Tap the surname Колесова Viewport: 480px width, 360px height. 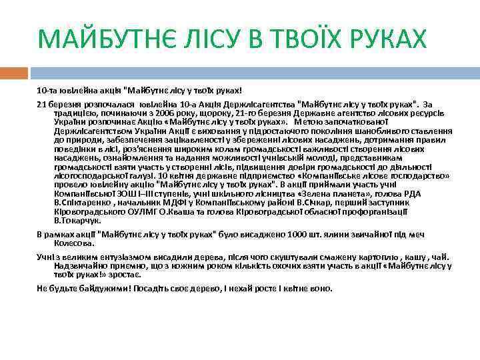tap(74, 243)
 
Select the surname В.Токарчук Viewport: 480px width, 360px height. tap(78, 220)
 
